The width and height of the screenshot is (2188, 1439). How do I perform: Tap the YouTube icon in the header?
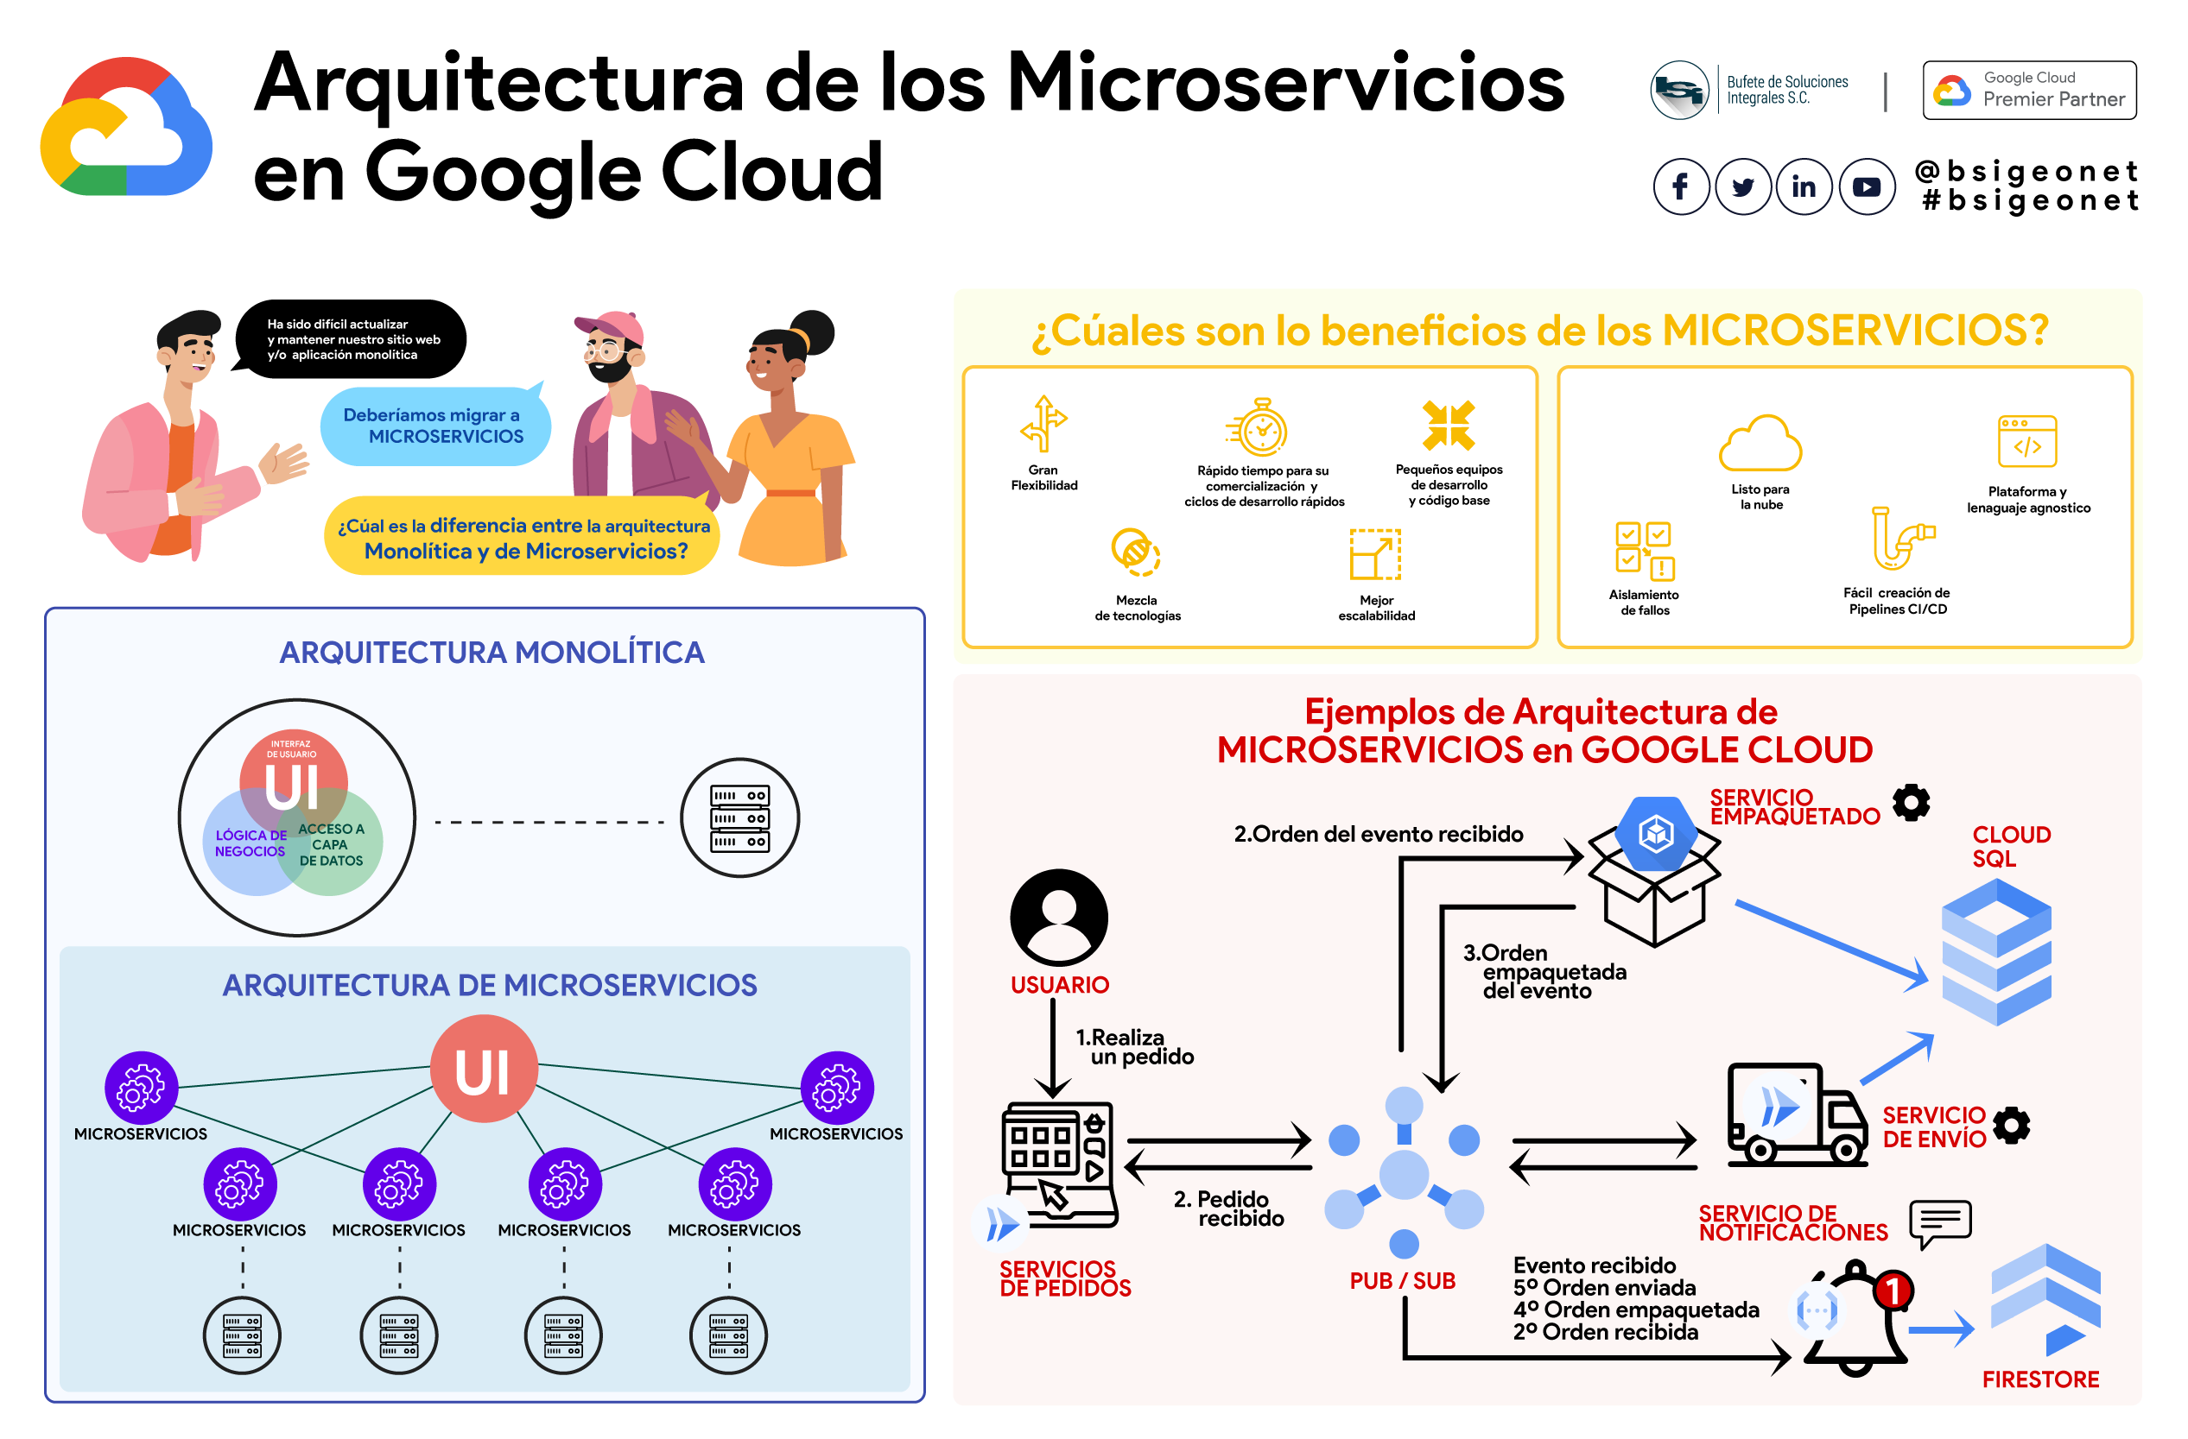click(x=1865, y=186)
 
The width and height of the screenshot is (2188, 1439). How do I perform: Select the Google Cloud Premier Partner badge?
click(x=2028, y=90)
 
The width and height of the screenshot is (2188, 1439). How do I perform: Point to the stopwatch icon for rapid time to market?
click(x=1260, y=428)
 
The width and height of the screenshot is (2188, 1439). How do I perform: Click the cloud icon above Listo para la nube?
click(x=1760, y=445)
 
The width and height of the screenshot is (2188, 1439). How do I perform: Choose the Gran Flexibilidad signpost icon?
click(x=1043, y=424)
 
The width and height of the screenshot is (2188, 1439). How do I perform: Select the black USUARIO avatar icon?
click(x=1058, y=916)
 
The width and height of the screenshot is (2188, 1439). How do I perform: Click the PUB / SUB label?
click(x=1401, y=1280)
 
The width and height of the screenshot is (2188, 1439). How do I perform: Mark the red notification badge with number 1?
click(x=1893, y=1291)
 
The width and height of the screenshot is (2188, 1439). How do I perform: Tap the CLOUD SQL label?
click(x=2011, y=845)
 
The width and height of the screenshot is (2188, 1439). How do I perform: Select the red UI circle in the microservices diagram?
click(x=484, y=1069)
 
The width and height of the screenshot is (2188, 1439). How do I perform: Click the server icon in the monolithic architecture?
click(x=739, y=817)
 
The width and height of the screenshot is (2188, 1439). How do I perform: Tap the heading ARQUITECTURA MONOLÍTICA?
click(x=492, y=652)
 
